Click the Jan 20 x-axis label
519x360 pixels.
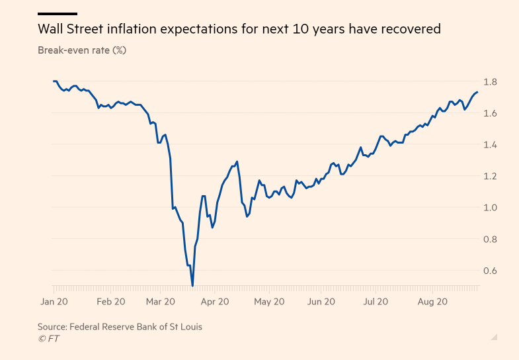tap(54, 302)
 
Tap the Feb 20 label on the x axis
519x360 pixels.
tap(110, 302)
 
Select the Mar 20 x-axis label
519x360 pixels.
tap(161, 302)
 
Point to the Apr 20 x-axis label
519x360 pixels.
tap(214, 302)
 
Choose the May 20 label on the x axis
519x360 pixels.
tap(269, 302)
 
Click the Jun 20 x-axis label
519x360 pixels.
tap(321, 302)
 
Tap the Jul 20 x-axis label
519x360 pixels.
tap(376, 302)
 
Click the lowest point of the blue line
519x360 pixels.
tap(192, 286)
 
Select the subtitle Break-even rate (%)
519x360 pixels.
tap(82, 50)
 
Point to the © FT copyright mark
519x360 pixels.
tap(48, 338)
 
